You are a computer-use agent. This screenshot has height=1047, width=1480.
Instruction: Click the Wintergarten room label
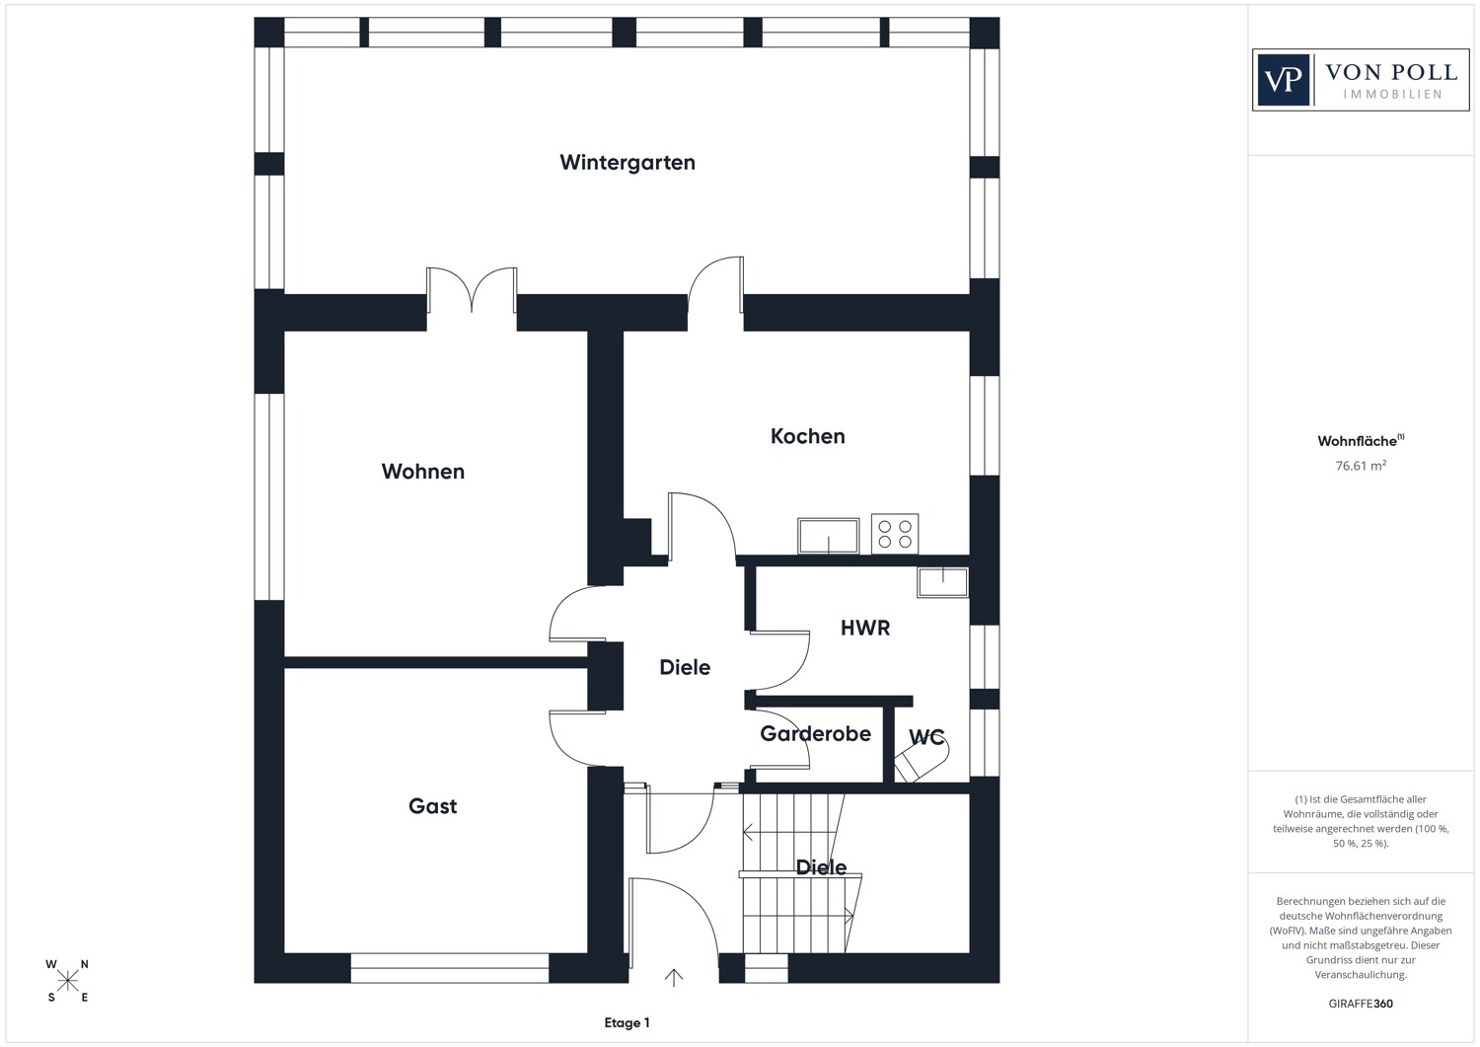coord(627,163)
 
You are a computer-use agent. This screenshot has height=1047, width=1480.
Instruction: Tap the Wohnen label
coord(423,472)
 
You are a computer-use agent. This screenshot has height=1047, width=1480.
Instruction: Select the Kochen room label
coord(807,436)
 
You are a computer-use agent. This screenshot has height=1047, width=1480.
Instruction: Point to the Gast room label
coord(433,806)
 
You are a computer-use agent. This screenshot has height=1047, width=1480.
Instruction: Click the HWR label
coord(865,628)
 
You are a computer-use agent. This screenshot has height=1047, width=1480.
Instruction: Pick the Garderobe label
coord(815,734)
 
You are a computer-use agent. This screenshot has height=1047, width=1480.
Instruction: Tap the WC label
coord(926,737)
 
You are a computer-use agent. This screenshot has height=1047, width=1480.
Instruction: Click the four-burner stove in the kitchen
coord(895,534)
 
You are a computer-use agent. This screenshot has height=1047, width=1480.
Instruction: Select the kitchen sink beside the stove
coord(829,536)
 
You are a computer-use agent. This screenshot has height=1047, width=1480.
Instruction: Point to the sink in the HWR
coord(943,582)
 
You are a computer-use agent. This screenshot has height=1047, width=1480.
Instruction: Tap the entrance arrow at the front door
coord(673,978)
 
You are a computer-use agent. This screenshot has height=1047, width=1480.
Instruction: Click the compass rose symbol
coord(67,981)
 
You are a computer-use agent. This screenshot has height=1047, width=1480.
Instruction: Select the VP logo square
coord(1283,80)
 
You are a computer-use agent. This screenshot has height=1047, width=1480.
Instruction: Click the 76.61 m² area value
coord(1361,466)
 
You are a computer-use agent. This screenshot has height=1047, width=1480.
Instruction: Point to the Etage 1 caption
coord(627,1023)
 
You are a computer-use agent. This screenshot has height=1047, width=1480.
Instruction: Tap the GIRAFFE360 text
coord(1361,1004)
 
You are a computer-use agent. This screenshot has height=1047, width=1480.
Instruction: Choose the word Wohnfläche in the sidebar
coord(1357,441)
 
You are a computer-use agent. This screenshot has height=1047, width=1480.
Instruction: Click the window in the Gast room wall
coord(449,968)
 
